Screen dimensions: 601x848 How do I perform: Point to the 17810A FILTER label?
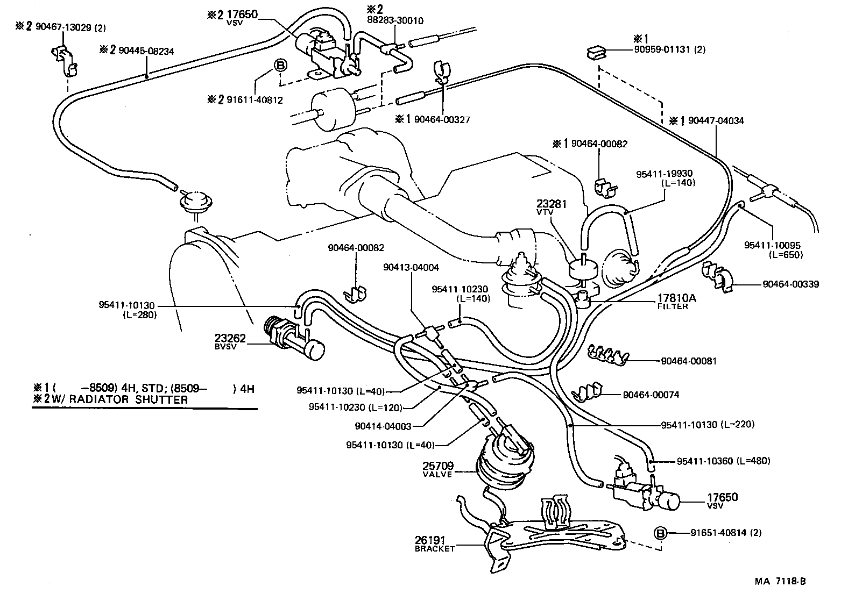tap(673, 301)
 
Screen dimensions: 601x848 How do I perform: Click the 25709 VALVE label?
tap(438, 469)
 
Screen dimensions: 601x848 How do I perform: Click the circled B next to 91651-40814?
tap(660, 533)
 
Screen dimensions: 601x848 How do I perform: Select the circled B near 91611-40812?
tap(281, 66)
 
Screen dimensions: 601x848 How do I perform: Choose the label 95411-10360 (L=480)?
tap(723, 461)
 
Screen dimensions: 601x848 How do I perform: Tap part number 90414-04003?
tap(383, 426)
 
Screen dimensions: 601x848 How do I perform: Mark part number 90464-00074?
tap(651, 395)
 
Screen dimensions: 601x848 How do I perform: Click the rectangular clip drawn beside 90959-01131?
tap(596, 52)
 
